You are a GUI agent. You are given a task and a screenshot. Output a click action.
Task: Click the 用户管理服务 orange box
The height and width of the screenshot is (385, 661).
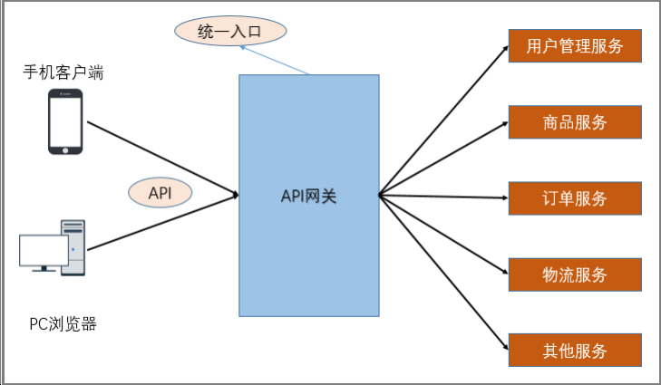575,45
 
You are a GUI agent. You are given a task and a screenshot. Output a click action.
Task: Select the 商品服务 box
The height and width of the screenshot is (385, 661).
575,121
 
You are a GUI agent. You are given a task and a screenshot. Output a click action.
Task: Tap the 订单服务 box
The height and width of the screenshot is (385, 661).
575,197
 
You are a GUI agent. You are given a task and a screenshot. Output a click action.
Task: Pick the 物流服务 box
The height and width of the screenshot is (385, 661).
575,274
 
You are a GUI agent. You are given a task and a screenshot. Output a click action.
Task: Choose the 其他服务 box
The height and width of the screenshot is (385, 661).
575,350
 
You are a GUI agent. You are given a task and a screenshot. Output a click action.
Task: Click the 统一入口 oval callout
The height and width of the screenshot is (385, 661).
230,32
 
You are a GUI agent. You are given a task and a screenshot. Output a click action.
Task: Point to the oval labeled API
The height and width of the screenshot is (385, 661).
160,192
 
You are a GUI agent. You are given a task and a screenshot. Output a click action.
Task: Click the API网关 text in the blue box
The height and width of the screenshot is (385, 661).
308,195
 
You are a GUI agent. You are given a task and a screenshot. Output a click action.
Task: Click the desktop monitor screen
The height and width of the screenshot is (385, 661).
44,251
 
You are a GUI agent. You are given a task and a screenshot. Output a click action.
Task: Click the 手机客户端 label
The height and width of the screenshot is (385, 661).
63,72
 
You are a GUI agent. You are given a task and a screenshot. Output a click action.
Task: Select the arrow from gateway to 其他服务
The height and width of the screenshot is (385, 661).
444,273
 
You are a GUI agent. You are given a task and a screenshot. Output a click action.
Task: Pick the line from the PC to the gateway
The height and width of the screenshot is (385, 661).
163,222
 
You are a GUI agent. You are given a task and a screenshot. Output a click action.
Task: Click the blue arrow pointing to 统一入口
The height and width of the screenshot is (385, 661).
275,62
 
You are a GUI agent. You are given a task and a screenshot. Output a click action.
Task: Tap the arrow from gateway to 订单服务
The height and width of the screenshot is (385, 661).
444,196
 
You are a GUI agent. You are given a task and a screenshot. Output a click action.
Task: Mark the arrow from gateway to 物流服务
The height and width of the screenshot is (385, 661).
444,234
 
